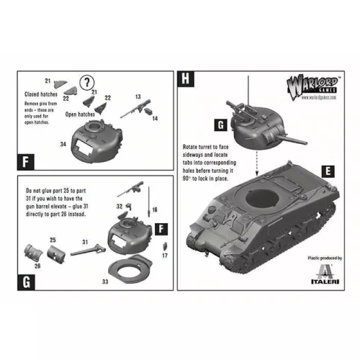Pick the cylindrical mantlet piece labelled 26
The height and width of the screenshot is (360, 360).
coord(33,253)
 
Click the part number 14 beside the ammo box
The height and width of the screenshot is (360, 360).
coord(156,117)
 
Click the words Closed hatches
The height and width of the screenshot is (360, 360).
coord(42,94)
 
